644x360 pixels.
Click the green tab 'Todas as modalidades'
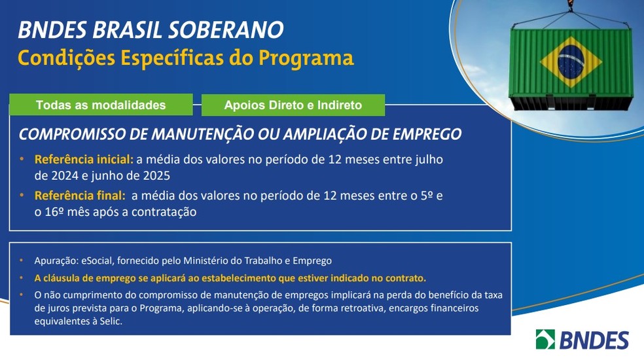click(101, 105)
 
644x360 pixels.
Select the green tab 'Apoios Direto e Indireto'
click(293, 105)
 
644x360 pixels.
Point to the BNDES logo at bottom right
click(582, 339)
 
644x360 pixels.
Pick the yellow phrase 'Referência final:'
click(80, 195)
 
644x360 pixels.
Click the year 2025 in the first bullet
click(156, 176)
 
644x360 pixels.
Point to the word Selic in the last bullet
click(109, 321)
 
